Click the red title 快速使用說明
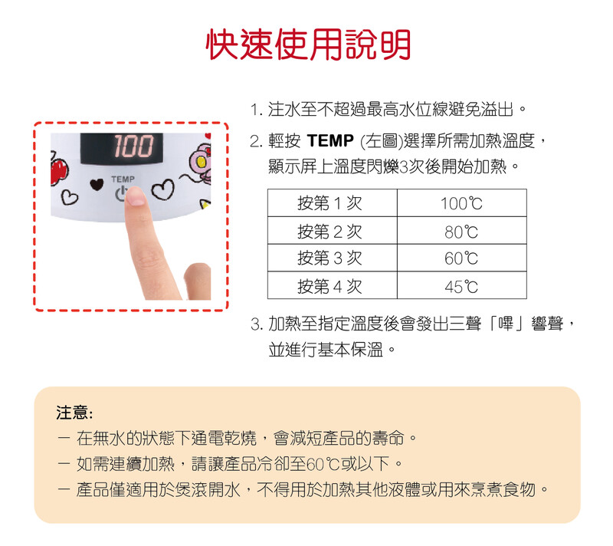[x=308, y=44]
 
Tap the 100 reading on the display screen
[x=133, y=146]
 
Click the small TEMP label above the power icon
[x=123, y=179]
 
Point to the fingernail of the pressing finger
[x=136, y=197]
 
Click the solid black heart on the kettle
[x=97, y=184]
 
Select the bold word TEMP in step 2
[x=330, y=141]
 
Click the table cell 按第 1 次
[x=333, y=202]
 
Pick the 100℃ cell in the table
[x=462, y=202]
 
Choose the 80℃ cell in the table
[x=462, y=230]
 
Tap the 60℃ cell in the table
[x=462, y=258]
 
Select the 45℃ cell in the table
[x=462, y=285]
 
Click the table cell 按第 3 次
[x=333, y=258]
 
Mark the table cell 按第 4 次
[x=333, y=285]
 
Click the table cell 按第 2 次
[x=333, y=230]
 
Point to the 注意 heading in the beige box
[x=74, y=413]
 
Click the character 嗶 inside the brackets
[x=506, y=324]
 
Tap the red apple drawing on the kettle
[x=59, y=170]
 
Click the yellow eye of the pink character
[x=201, y=161]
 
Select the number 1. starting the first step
[x=257, y=110]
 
